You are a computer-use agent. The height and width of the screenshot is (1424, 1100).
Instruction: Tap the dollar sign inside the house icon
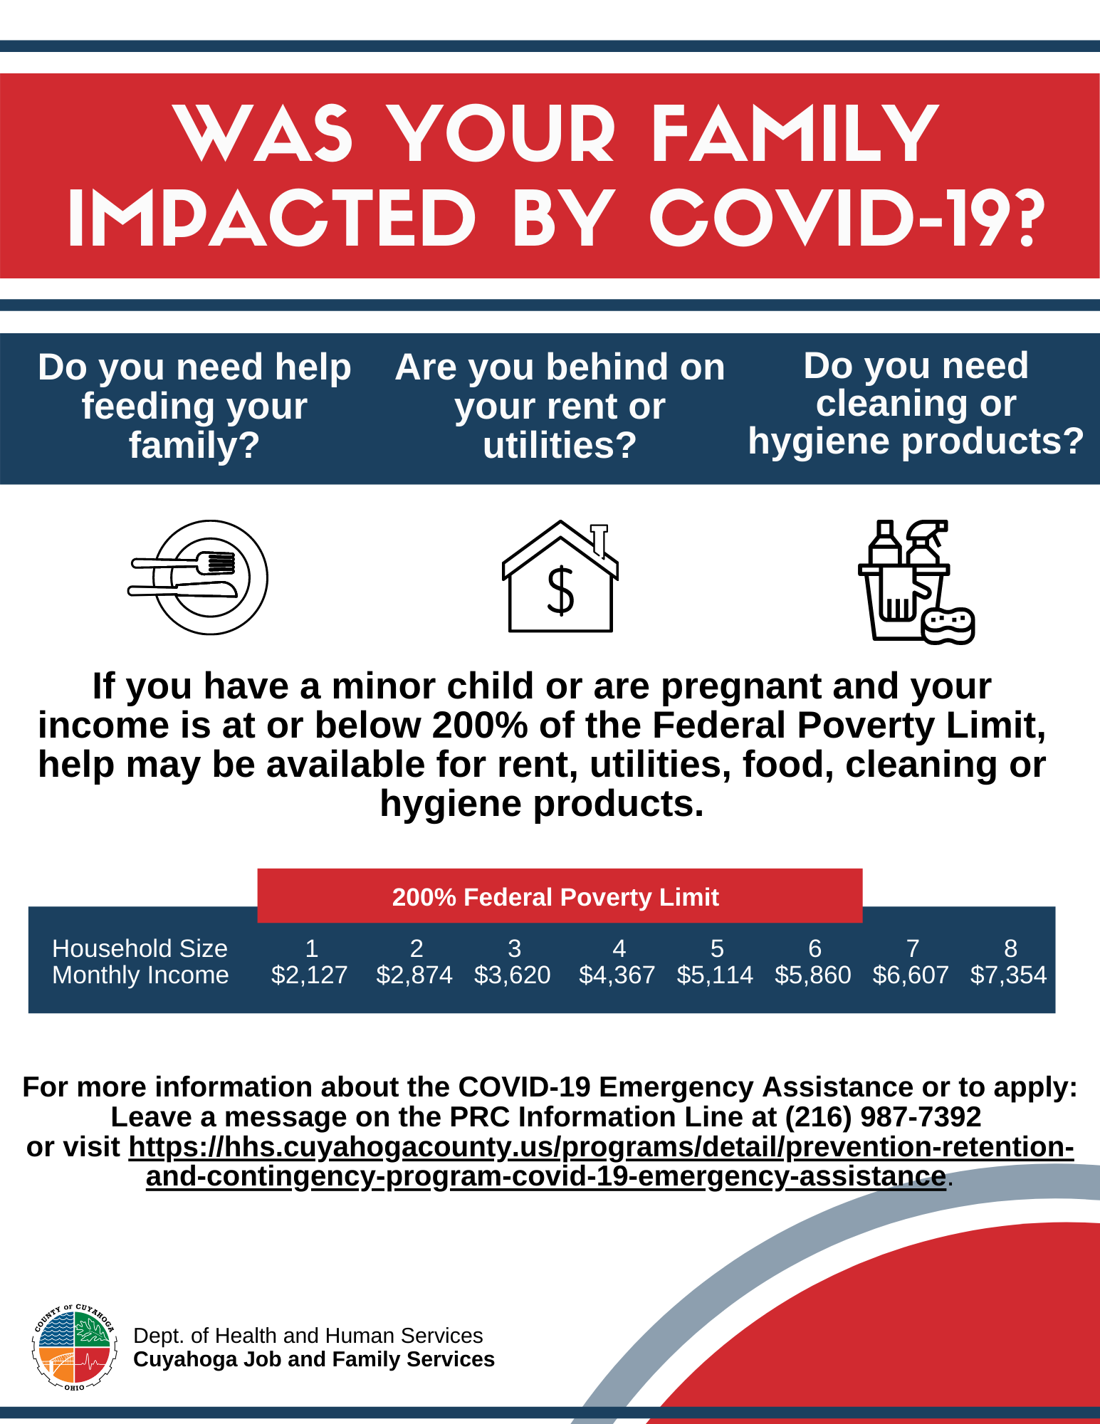point(560,590)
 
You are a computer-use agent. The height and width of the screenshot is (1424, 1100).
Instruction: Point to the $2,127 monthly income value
point(309,975)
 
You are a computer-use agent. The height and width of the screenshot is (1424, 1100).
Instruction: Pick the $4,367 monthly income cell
point(617,975)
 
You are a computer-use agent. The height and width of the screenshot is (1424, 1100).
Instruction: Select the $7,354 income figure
point(1008,975)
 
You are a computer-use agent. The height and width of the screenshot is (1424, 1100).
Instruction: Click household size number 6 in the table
point(814,948)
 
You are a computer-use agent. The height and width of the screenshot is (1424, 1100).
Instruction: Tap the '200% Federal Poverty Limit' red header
point(555,897)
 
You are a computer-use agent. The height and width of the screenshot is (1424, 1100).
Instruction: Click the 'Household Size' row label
point(140,948)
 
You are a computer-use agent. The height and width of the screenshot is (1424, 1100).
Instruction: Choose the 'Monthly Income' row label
point(140,975)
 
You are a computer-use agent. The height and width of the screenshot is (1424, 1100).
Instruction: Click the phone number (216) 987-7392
point(883,1117)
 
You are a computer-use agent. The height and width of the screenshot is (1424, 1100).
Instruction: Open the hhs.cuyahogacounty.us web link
point(601,1147)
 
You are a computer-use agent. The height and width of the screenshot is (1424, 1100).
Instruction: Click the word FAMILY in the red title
point(795,135)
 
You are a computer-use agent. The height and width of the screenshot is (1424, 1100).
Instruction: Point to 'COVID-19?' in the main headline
point(847,218)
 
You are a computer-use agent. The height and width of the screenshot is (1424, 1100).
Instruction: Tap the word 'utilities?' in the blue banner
point(560,446)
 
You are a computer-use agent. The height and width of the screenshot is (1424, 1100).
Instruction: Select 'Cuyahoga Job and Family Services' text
point(314,1359)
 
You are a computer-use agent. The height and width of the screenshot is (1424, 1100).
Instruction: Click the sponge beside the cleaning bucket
point(948,625)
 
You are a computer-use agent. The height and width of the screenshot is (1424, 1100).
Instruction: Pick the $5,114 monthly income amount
point(715,975)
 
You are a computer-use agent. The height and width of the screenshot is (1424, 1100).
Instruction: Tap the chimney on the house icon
point(599,538)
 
